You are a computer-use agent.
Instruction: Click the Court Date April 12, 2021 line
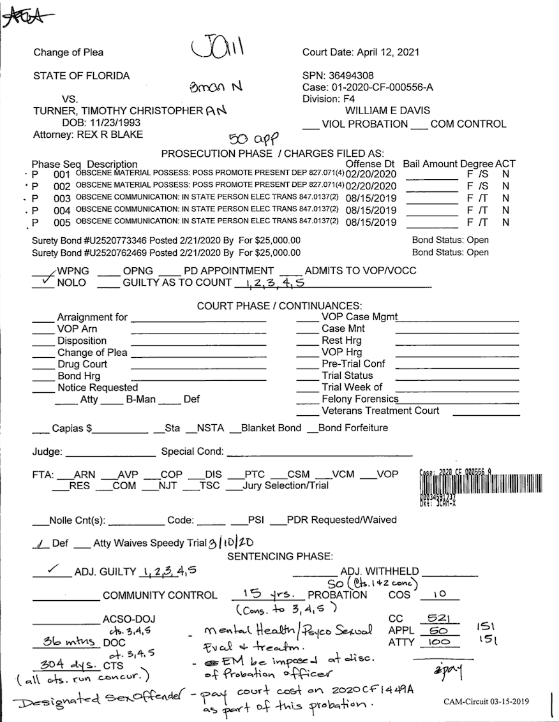point(361,52)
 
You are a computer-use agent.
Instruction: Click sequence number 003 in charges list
point(61,198)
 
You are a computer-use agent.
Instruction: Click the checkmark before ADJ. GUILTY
point(54,570)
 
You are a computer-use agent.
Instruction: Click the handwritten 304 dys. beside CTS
point(62,664)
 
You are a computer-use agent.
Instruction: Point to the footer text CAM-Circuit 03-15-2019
point(486,702)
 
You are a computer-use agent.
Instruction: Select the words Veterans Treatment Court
point(380,411)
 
